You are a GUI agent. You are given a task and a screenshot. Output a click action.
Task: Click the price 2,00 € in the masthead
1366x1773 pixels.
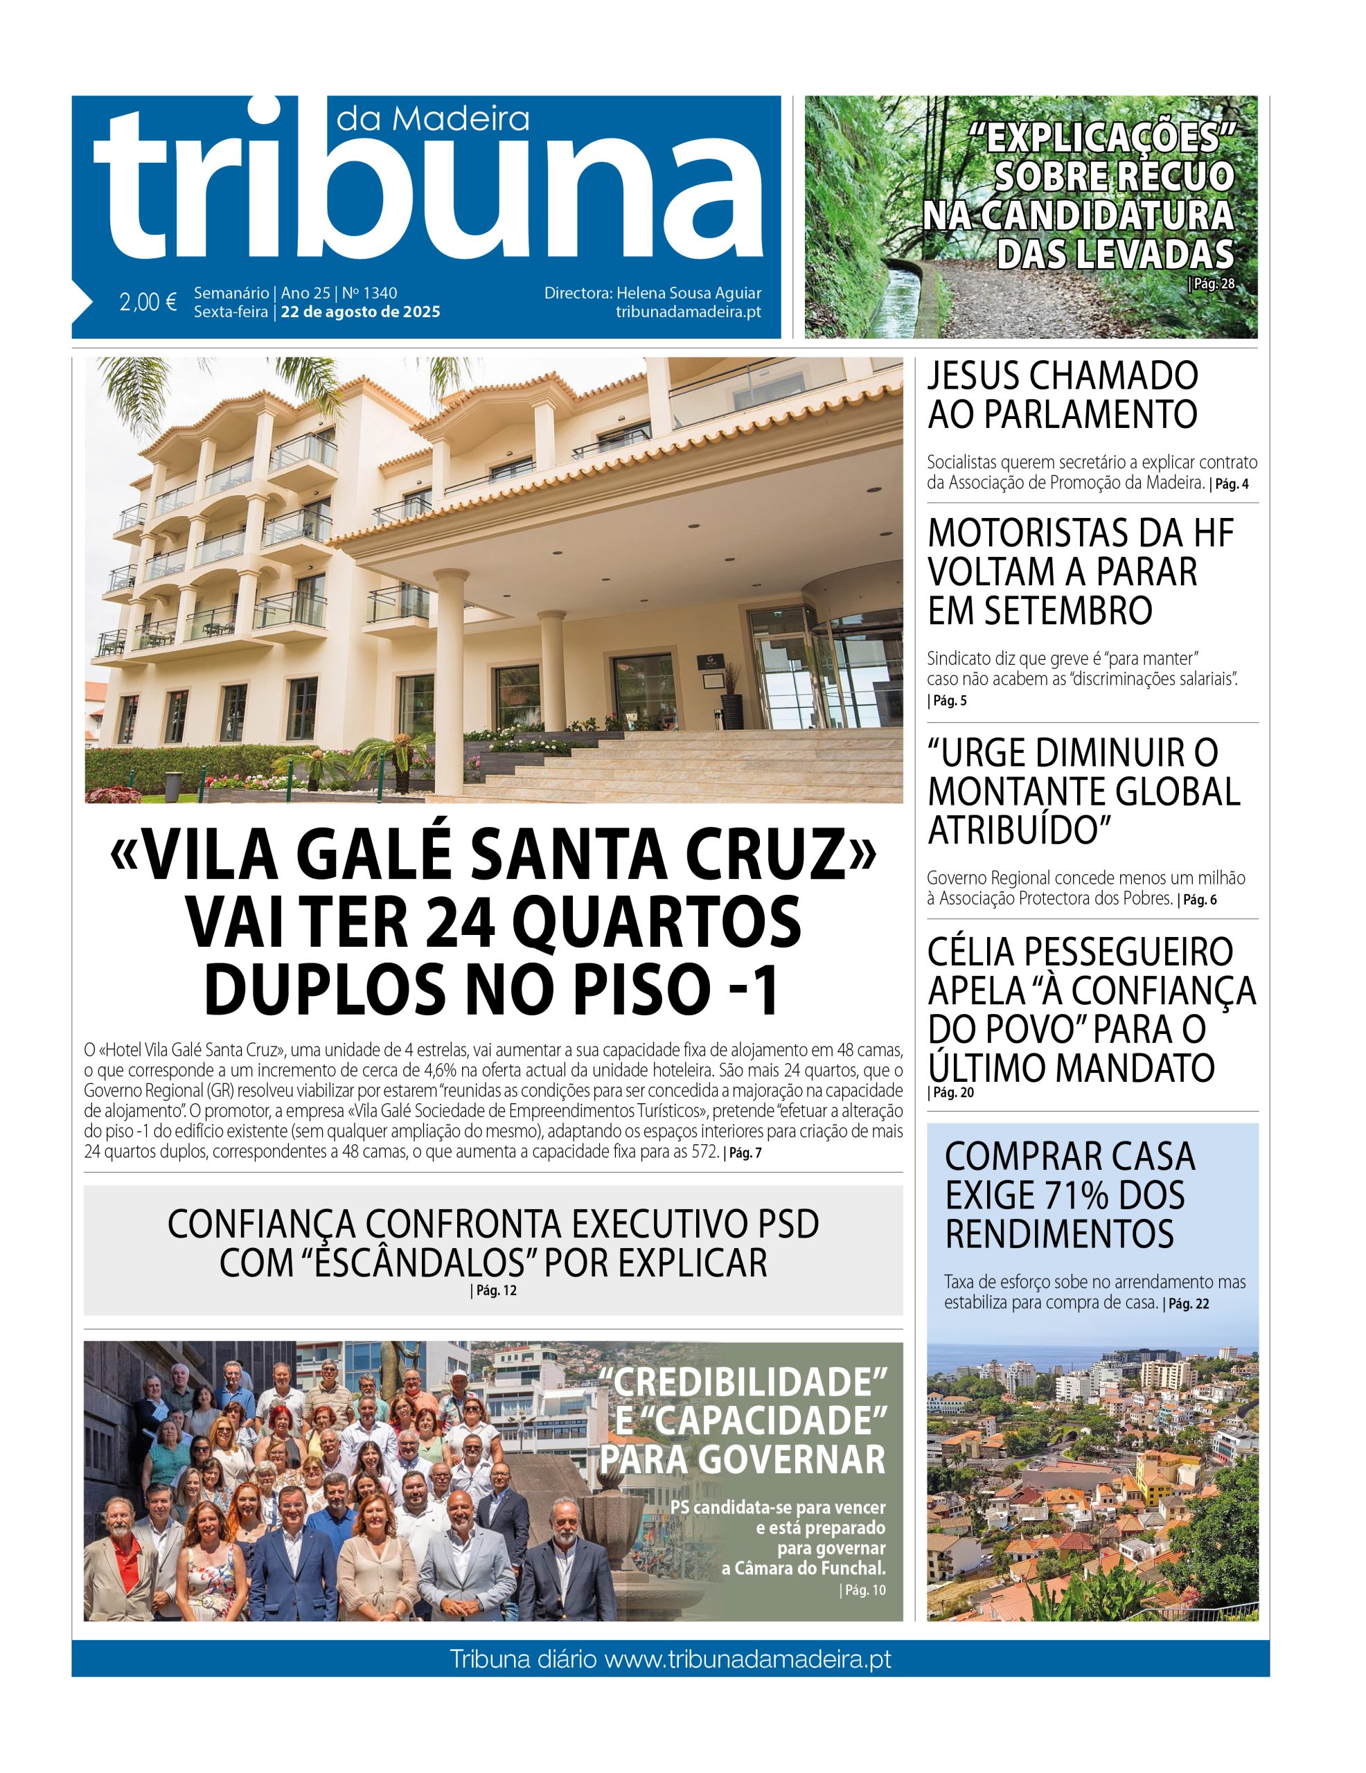(148, 302)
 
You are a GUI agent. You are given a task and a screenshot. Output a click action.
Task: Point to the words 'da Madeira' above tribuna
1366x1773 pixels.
(432, 119)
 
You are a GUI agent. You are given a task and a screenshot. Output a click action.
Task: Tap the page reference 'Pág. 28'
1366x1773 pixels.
(1212, 283)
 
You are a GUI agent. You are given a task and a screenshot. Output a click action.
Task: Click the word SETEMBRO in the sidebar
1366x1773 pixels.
(1040, 610)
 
